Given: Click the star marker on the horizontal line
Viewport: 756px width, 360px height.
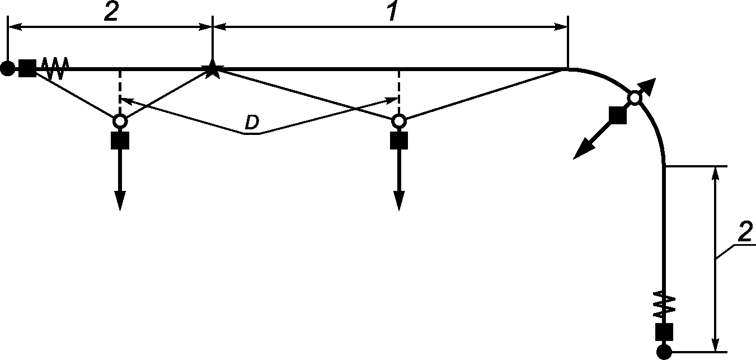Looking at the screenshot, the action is click(x=212, y=69).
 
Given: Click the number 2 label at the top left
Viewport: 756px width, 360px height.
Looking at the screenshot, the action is click(x=111, y=13).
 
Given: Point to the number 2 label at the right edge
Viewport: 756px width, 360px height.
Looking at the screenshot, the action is click(x=745, y=232).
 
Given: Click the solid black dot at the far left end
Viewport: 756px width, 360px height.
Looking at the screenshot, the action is click(x=8, y=68).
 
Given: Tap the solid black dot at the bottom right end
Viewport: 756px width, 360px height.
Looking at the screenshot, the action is click(x=664, y=352).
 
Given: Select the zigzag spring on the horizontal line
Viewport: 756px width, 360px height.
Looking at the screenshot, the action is click(x=55, y=68).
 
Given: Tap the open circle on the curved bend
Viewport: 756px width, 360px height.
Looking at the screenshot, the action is click(x=635, y=98).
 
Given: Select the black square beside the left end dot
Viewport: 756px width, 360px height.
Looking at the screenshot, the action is click(x=27, y=68).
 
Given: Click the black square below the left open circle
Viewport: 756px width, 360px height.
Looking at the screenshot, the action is click(x=120, y=141).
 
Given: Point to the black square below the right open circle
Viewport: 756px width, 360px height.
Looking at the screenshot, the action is click(x=399, y=141).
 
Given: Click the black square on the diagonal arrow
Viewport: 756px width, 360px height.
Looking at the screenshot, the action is click(x=618, y=115).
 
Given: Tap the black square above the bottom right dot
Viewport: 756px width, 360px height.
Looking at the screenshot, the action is click(x=664, y=332).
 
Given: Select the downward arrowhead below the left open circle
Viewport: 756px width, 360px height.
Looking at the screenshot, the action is click(x=120, y=201).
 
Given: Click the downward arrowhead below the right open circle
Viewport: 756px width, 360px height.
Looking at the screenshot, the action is click(x=399, y=201).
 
